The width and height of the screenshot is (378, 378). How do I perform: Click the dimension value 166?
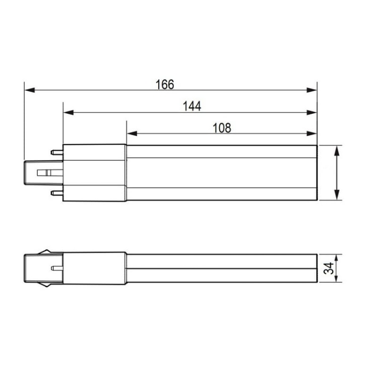click(164, 84)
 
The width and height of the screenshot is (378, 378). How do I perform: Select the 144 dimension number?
click(192, 106)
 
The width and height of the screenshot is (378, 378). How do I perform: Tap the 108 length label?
click(221, 128)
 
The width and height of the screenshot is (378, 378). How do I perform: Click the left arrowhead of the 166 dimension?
click(29, 90)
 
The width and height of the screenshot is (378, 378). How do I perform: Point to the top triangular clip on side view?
click(46, 251)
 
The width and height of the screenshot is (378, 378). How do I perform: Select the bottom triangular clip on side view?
click(46, 285)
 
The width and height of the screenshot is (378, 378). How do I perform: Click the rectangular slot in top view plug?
click(44, 172)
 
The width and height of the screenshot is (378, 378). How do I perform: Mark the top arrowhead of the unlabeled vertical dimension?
click(338, 149)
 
